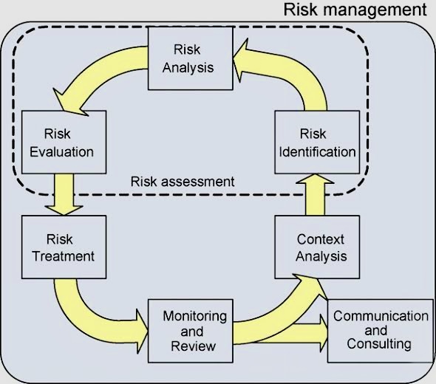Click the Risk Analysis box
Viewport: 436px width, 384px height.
[191, 58]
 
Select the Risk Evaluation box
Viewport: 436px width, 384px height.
[64, 143]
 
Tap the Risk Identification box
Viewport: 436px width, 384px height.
[317, 143]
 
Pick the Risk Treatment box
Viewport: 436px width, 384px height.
[64, 247]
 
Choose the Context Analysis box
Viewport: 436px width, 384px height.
[317, 247]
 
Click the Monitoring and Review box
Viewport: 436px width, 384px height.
[191, 331]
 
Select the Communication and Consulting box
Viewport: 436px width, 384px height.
[381, 331]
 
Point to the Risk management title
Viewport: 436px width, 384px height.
[355, 10]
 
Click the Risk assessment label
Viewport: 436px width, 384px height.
[183, 182]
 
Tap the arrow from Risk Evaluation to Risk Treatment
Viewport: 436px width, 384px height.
[64, 194]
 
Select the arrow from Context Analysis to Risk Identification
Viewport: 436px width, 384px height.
[315, 194]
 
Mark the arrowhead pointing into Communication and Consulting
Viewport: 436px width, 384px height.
[324, 333]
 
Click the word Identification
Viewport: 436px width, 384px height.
[317, 152]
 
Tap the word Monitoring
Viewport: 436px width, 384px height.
[194, 317]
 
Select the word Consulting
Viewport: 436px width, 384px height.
[379, 344]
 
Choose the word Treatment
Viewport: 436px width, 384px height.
[64, 256]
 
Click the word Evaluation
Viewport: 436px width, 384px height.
[62, 152]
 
